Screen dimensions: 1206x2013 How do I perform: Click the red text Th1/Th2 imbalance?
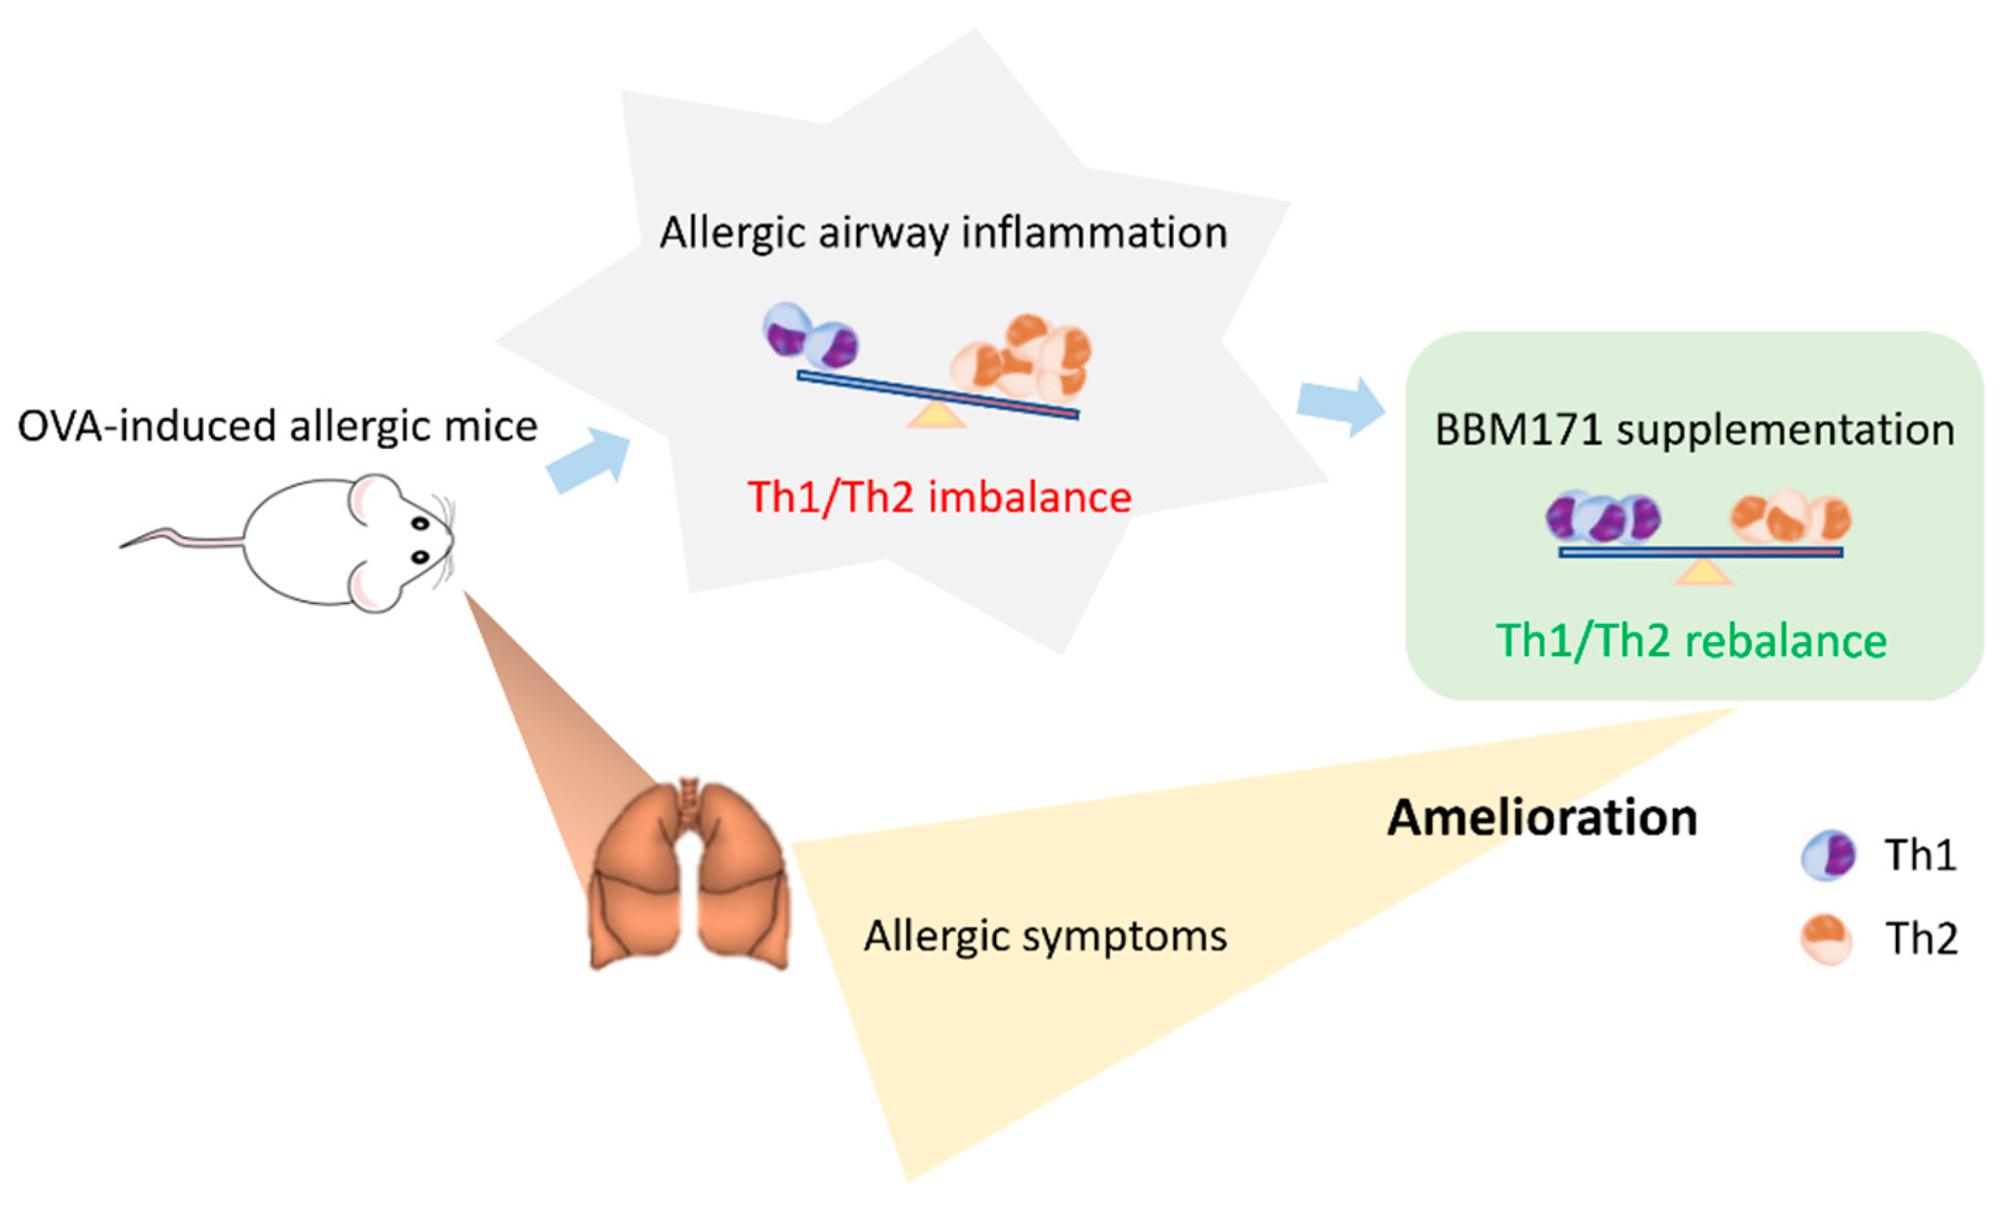click(x=939, y=498)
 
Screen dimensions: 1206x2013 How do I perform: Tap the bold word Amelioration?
click(x=1541, y=818)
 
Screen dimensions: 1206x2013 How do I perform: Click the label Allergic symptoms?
click(x=1045, y=936)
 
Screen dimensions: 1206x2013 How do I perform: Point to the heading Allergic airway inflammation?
click(x=942, y=233)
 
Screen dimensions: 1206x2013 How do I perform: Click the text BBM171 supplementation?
click(x=1694, y=430)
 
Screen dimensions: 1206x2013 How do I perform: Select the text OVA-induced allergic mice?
click(x=278, y=426)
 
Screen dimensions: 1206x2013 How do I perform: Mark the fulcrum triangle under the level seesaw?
click(x=1704, y=573)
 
